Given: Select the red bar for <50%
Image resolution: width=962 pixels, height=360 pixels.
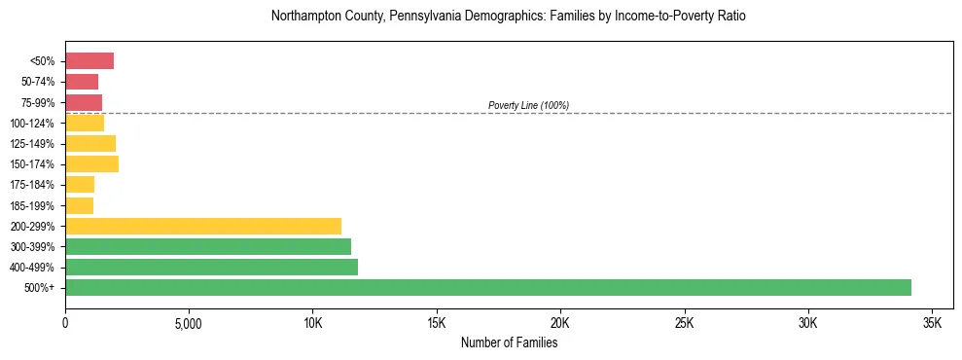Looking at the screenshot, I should (89, 61).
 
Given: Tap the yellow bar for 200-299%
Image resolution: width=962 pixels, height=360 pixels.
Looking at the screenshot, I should (203, 226).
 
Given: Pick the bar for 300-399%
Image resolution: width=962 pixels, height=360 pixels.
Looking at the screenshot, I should (208, 246).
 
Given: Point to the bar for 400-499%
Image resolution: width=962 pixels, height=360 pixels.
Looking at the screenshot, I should (211, 267).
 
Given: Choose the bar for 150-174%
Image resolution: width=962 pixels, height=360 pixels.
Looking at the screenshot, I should (91, 164).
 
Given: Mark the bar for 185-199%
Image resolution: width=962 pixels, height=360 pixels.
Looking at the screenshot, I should (79, 205).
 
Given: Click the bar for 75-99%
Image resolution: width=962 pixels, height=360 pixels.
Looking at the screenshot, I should (84, 102).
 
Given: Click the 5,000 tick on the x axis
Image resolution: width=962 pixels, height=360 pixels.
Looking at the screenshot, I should (189, 322).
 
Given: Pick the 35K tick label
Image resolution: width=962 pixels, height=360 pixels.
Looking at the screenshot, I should (932, 322).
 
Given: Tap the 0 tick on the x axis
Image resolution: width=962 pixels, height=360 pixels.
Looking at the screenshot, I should (65, 322).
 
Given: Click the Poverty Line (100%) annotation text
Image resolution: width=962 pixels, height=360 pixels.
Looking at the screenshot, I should (528, 105).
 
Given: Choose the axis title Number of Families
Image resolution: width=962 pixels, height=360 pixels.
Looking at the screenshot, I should (509, 342).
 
